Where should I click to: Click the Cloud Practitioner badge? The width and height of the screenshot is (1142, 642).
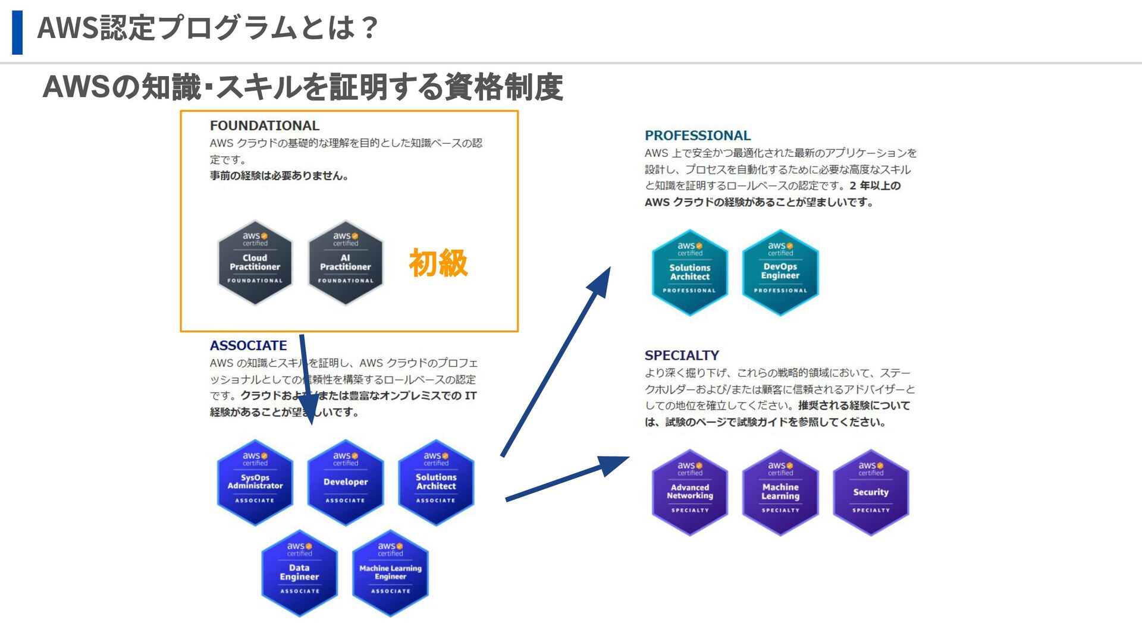click(255, 263)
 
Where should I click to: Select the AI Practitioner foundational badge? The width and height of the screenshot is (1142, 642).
click(345, 263)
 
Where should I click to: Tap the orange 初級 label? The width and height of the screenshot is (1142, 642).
click(438, 263)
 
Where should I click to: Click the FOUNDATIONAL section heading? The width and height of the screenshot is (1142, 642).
click(264, 125)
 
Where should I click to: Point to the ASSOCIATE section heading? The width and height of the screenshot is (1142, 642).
click(248, 345)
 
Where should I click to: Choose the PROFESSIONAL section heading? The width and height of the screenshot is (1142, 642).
click(697, 136)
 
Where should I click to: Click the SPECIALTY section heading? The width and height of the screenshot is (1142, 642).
click(682, 355)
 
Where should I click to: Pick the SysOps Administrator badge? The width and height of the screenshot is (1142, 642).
click(255, 482)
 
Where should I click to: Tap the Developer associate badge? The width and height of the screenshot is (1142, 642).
click(345, 482)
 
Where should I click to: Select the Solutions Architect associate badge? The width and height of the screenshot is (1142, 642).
click(435, 482)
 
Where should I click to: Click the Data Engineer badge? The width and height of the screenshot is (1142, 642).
click(299, 572)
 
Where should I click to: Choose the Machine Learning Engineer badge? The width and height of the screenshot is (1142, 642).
click(390, 572)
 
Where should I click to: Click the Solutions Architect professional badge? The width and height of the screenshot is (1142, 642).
click(689, 272)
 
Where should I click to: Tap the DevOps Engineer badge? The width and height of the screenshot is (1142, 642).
click(780, 272)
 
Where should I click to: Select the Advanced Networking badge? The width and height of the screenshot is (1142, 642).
click(689, 492)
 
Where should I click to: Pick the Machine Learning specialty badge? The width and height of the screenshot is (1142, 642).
click(780, 492)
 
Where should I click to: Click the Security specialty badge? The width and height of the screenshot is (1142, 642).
click(870, 492)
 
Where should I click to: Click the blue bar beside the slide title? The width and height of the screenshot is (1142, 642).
click(17, 32)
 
